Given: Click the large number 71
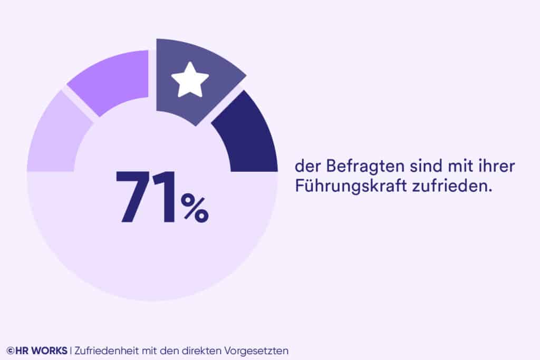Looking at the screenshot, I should (146, 197).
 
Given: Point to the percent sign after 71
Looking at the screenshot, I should (195, 208).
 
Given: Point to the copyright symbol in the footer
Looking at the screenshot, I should (10, 351).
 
